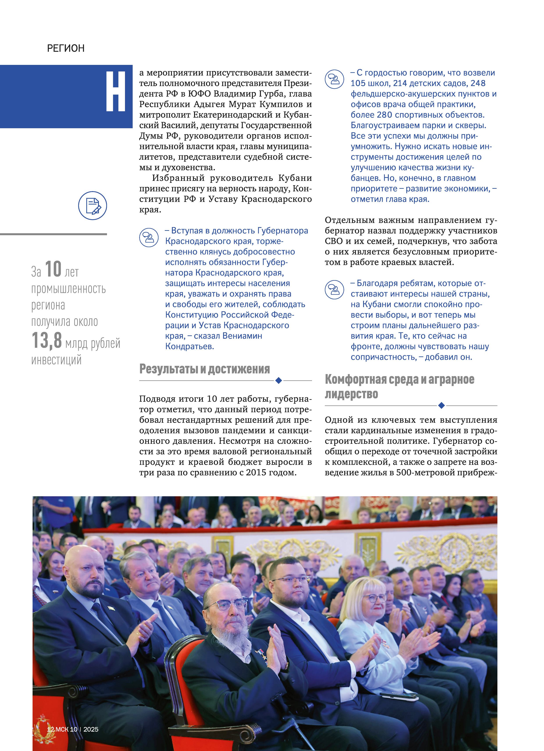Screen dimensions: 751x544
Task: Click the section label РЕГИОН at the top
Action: point(66,48)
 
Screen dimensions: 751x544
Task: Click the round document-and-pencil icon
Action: point(93,205)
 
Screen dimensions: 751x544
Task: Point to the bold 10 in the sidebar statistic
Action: point(53,269)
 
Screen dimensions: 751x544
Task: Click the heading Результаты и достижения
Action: point(204,369)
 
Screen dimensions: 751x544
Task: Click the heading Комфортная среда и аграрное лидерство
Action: point(399,386)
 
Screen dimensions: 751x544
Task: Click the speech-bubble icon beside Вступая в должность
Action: point(149,237)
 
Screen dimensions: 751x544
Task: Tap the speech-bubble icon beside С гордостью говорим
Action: point(334,79)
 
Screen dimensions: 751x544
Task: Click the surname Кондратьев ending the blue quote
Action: point(189,346)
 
